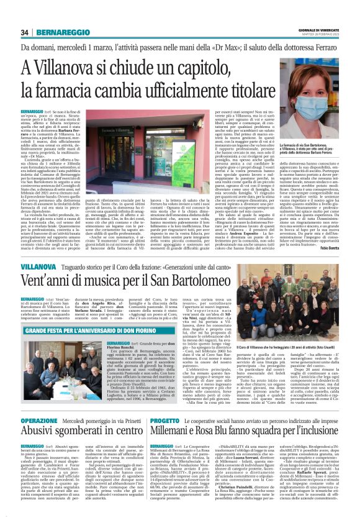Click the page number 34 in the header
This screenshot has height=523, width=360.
tap(25, 32)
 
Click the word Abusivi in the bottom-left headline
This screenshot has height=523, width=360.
tap(44, 435)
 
